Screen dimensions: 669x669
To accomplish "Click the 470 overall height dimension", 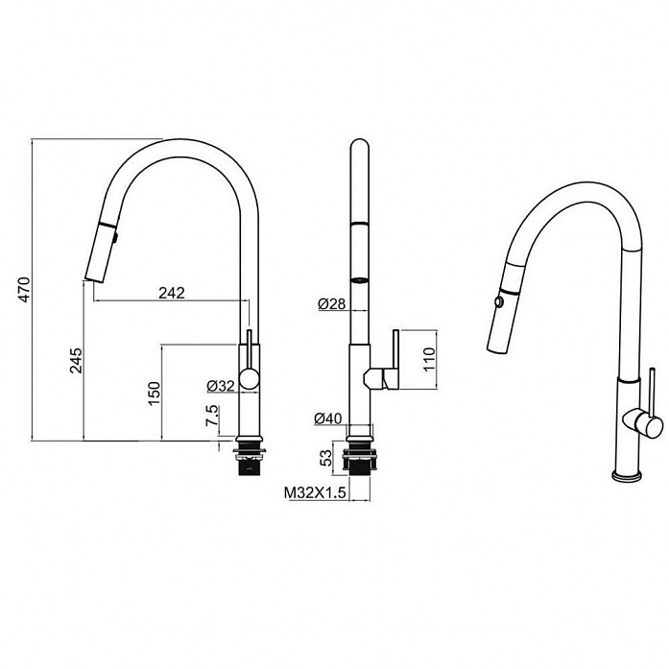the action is pos(24,290).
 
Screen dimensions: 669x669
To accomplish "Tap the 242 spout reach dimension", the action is pos(172,293).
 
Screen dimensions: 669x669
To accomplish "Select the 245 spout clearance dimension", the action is pos(77,361).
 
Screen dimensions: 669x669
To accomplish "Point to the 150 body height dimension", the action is pos(154,393).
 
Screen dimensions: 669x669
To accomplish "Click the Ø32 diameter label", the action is pos(221,386).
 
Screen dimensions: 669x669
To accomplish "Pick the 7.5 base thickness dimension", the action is pos(212,416).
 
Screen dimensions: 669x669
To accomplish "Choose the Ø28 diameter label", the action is pos(331,303).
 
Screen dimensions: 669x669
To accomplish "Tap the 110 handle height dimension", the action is pos(429,360).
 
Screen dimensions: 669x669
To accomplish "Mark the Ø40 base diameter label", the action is pos(328,418).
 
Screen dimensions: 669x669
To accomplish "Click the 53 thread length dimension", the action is pos(326,458).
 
